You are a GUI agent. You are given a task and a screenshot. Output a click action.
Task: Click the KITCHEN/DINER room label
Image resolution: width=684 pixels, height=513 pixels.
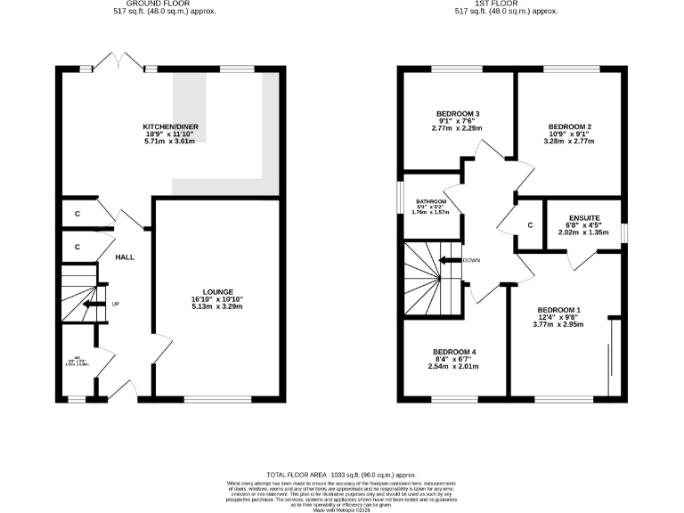(171, 127)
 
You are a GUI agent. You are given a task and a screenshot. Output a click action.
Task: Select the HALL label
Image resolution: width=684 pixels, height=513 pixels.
(125, 256)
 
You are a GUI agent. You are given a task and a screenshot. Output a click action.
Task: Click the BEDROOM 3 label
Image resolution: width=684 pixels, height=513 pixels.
(458, 114)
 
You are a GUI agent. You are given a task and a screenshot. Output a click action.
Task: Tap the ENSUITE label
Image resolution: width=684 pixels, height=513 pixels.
(583, 218)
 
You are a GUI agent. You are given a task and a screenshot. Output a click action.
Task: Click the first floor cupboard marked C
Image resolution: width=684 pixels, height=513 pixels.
(530, 225)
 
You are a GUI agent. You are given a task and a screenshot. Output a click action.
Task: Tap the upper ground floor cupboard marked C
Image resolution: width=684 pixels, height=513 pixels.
(78, 214)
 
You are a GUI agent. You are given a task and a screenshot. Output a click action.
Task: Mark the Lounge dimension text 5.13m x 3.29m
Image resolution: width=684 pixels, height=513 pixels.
(216, 306)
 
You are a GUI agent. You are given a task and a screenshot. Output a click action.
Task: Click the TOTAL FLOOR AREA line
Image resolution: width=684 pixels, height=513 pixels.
(341, 476)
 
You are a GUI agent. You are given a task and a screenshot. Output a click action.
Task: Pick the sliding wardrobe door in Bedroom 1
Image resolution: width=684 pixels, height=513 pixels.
(609, 356)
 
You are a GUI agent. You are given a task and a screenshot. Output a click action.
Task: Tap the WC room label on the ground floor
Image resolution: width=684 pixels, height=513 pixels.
(77, 360)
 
